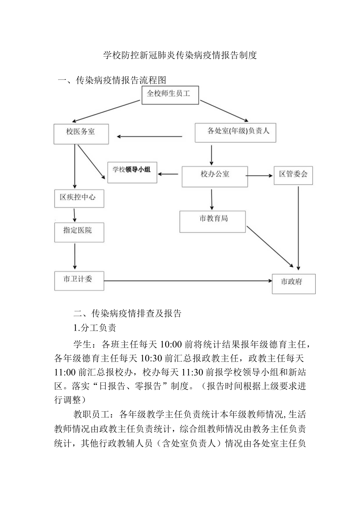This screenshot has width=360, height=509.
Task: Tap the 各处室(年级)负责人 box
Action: point(235,132)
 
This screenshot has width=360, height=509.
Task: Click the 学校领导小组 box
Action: point(132,173)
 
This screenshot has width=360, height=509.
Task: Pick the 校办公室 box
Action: point(215,176)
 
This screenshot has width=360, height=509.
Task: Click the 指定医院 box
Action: point(79,232)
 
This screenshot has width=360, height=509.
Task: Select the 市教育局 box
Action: point(212,221)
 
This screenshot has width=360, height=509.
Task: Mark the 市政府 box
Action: point(293,283)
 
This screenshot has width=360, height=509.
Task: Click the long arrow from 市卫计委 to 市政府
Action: point(188,281)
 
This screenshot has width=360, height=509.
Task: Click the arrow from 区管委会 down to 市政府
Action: point(299,227)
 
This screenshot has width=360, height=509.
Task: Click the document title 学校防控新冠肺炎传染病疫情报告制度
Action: point(180,55)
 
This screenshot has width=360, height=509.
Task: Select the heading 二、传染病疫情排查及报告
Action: point(128,313)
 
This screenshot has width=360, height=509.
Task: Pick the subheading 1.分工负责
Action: point(95,328)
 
